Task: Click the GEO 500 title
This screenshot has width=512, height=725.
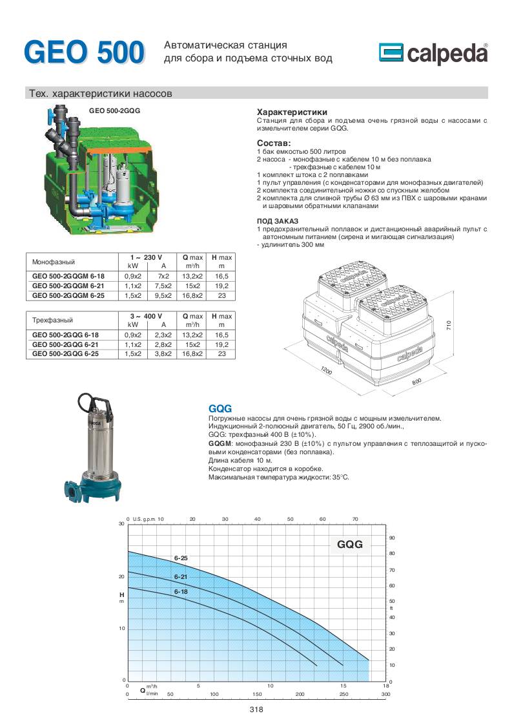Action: (84, 52)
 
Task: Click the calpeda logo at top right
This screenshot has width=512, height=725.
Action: (433, 54)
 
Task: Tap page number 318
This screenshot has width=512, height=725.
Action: (256, 709)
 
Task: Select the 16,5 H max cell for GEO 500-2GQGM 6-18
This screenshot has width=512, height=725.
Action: (222, 276)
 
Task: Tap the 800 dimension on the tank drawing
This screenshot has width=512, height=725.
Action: (416, 383)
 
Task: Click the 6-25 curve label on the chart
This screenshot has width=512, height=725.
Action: (181, 557)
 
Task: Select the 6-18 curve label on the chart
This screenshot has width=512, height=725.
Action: (181, 591)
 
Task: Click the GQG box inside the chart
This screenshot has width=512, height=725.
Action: (350, 544)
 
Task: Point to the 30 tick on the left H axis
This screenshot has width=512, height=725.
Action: (121, 524)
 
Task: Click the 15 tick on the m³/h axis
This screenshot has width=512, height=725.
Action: (343, 685)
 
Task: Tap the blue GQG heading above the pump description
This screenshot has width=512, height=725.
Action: (220, 408)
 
